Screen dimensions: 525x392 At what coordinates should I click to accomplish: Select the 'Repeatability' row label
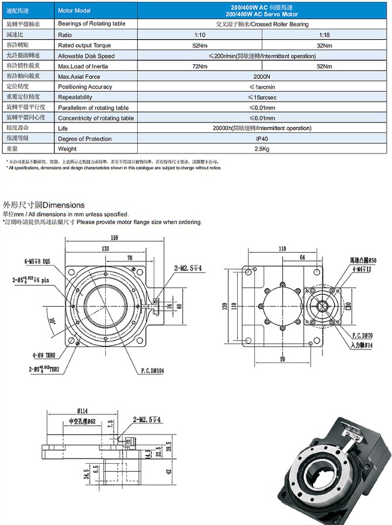coord(75,97)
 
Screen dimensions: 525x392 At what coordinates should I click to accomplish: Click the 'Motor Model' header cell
coord(74,11)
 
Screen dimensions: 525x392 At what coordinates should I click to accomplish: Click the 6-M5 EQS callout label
coord(40,261)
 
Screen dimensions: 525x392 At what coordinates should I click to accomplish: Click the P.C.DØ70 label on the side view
coord(363,337)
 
